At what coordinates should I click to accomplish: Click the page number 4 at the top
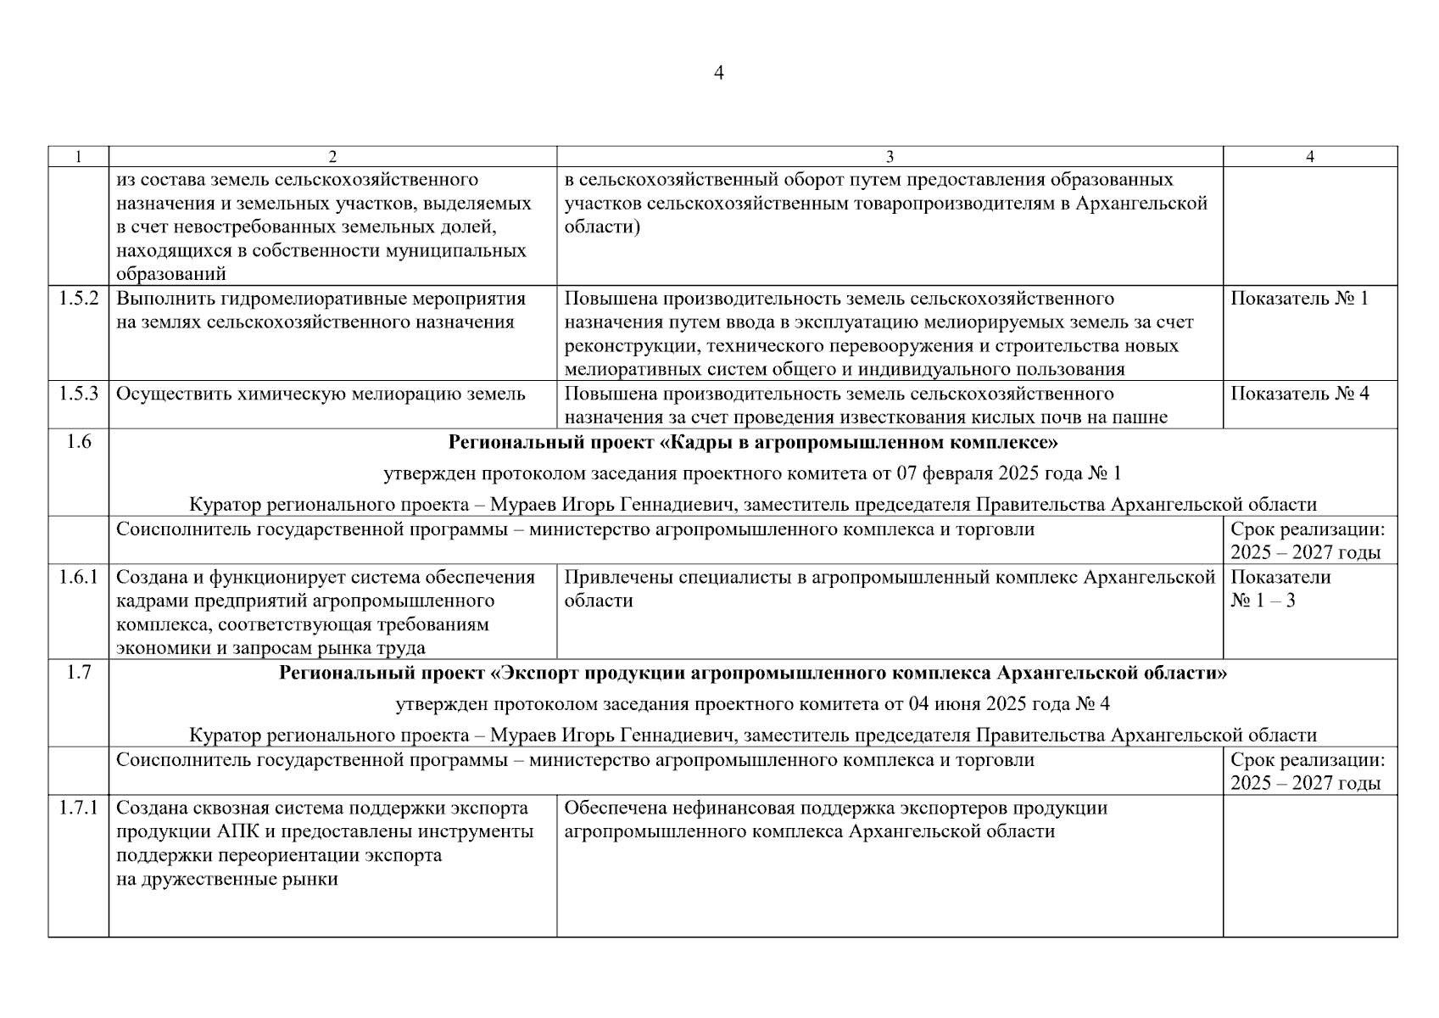tap(719, 73)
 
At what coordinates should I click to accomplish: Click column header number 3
tap(890, 157)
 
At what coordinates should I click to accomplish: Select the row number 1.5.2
tap(78, 299)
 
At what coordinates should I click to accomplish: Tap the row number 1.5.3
tap(78, 394)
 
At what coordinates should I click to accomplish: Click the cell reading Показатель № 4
tap(1299, 394)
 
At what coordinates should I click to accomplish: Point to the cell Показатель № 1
tap(1299, 299)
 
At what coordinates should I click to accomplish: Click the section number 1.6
tap(78, 442)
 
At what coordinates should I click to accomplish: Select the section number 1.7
tap(78, 673)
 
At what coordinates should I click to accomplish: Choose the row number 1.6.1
tap(78, 578)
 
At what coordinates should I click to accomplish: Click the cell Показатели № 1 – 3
tap(1280, 589)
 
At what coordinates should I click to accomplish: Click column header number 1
tap(78, 157)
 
